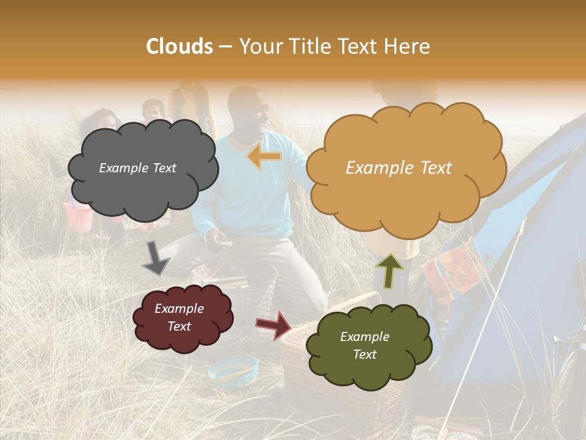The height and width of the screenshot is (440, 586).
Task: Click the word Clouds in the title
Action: click(x=179, y=46)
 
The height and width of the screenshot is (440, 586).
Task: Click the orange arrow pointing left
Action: click(x=264, y=157)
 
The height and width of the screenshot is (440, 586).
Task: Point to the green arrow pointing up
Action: click(x=389, y=270)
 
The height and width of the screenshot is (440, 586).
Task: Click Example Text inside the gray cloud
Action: click(x=137, y=168)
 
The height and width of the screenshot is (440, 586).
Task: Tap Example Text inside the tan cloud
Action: click(x=399, y=168)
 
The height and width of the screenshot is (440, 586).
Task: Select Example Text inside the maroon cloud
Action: click(x=179, y=317)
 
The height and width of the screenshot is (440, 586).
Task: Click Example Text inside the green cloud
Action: click(x=364, y=345)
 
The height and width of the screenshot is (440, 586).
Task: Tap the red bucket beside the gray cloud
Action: click(x=78, y=217)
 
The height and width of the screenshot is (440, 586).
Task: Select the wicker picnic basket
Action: click(x=305, y=361)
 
